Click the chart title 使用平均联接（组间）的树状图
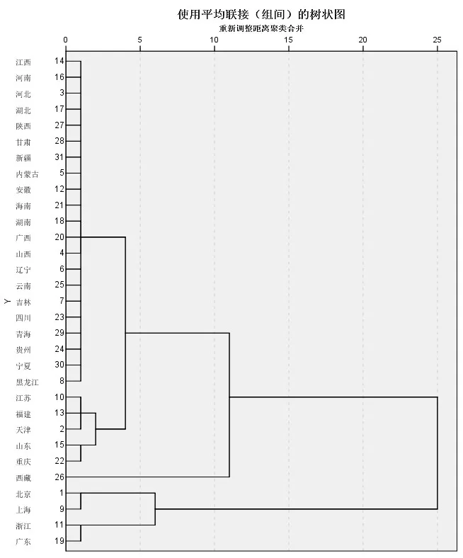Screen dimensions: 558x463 (261, 14)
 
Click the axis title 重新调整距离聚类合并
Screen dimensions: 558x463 (261, 29)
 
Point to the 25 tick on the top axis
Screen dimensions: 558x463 (438, 40)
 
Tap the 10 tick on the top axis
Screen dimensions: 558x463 (215, 40)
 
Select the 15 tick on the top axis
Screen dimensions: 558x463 (289, 40)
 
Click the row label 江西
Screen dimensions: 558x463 (23, 62)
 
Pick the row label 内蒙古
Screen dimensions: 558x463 (27, 173)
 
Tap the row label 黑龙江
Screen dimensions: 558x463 (27, 382)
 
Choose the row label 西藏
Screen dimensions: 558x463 (23, 478)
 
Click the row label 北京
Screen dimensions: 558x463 (23, 494)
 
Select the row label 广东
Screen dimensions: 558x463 (23, 542)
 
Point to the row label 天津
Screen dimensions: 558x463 (23, 430)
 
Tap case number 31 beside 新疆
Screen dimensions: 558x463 (59, 156)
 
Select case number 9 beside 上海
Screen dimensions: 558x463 (62, 508)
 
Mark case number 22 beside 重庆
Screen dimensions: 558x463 (59, 461)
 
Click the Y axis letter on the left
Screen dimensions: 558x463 (7, 302)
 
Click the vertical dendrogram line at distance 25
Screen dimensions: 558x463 (438, 453)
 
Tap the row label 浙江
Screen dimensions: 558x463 (23, 526)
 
